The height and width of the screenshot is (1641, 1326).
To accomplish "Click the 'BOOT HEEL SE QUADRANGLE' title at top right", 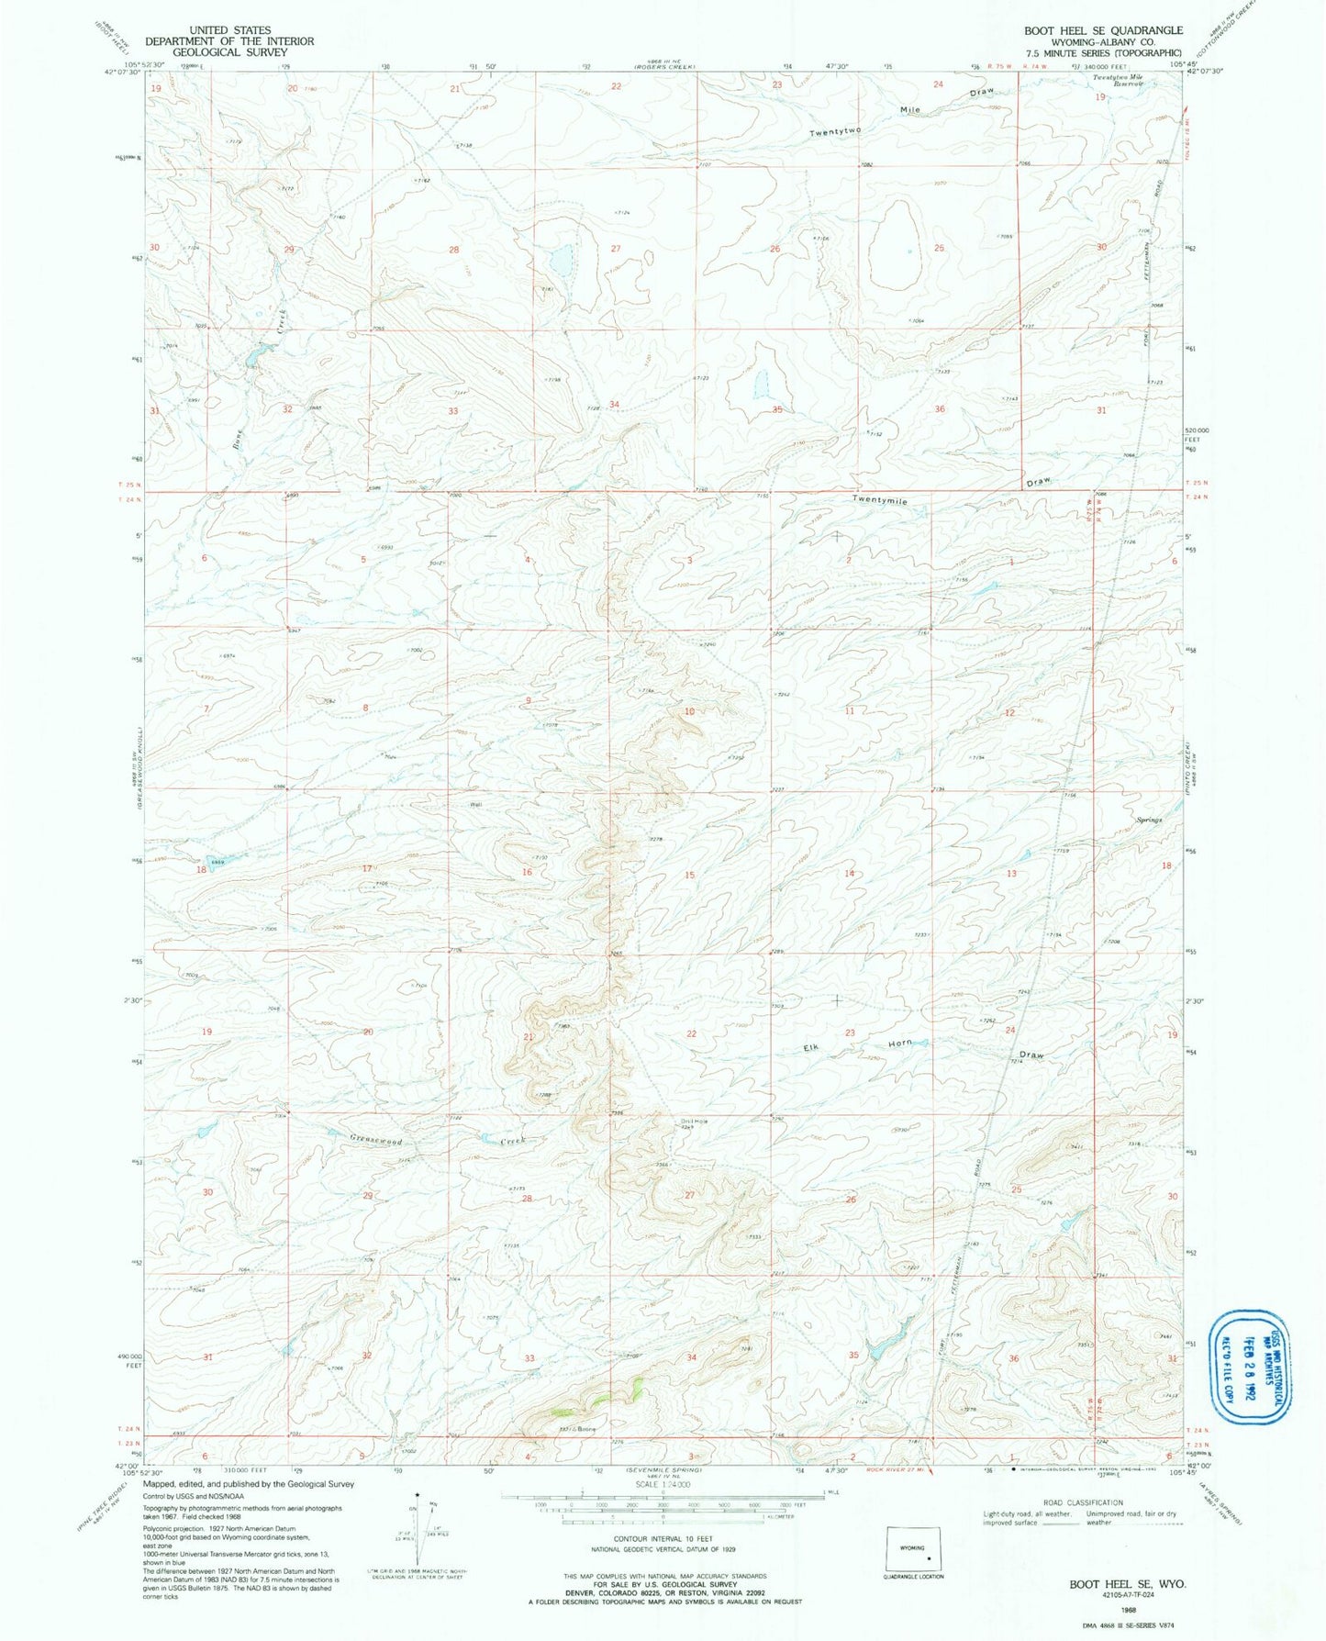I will [x=1103, y=30].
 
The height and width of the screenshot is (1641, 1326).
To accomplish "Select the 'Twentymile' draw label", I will [x=879, y=501].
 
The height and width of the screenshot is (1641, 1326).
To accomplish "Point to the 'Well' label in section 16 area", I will [x=475, y=805].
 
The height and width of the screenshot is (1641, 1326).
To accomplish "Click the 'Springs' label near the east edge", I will [x=1149, y=820].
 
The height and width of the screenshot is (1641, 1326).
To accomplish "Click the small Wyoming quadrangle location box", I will [x=914, y=1550].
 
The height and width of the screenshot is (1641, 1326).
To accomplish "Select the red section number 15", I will [x=689, y=876].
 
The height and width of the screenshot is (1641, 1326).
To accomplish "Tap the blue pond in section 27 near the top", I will [x=560, y=260].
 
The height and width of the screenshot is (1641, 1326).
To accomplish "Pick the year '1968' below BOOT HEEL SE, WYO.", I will [x=1127, y=1608].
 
